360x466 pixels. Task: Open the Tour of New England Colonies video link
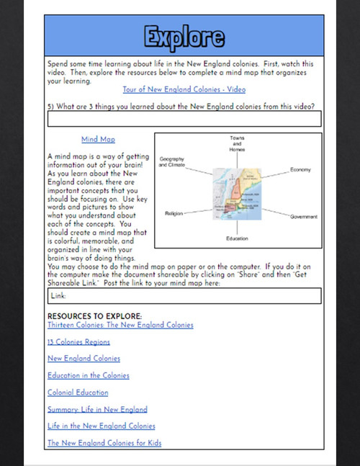coord(184,89)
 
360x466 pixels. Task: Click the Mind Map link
coord(98,140)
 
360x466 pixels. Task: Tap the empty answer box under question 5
coord(184,120)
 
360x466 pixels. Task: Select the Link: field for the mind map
coord(184,295)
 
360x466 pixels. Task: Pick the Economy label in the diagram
coord(300,169)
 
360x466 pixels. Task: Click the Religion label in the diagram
coord(174,213)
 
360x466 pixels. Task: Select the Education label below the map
coord(238,237)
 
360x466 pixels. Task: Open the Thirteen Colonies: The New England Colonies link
coord(120,325)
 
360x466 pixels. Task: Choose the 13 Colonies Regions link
coord(78,341)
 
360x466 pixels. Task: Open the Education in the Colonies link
coord(89,375)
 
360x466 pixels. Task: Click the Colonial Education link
coord(78,393)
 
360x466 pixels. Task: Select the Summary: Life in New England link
coord(97,409)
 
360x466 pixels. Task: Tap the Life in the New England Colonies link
coord(102,426)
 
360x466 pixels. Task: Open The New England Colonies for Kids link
coord(104,443)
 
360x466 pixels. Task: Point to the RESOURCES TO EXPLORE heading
coord(94,315)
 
